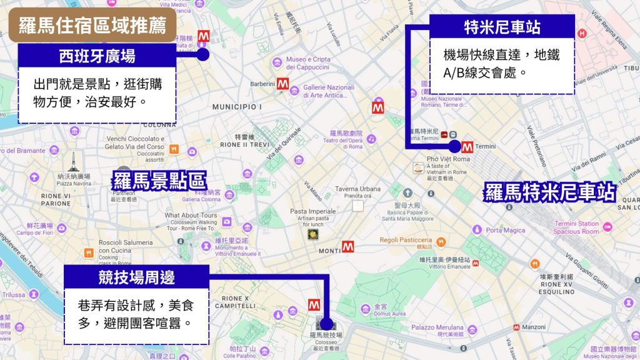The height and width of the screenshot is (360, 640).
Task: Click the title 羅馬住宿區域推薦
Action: tap(92, 25)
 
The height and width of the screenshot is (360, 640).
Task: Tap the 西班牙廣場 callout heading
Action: tap(97, 56)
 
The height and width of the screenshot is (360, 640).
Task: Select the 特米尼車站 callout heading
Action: tap(502, 27)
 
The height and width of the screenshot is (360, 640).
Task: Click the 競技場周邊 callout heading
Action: tap(136, 276)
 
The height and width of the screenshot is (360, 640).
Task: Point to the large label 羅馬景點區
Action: tap(159, 181)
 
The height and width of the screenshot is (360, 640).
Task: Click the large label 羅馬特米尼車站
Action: tap(550, 192)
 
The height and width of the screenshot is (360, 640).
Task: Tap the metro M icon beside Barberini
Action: tap(283, 84)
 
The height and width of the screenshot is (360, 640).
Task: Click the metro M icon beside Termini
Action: tap(466, 147)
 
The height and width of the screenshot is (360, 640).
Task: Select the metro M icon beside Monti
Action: tap(348, 247)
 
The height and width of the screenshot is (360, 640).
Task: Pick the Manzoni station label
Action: tap(534, 327)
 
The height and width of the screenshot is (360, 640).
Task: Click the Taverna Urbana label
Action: tap(357, 189)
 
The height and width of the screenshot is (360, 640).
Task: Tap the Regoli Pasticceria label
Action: tap(406, 240)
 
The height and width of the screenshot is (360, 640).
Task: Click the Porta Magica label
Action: tap(506, 231)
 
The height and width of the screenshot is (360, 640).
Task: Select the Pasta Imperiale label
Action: tap(312, 212)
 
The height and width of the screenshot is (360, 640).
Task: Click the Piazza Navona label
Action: tap(73, 184)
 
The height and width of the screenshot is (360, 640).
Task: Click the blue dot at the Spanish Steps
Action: tap(202, 54)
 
